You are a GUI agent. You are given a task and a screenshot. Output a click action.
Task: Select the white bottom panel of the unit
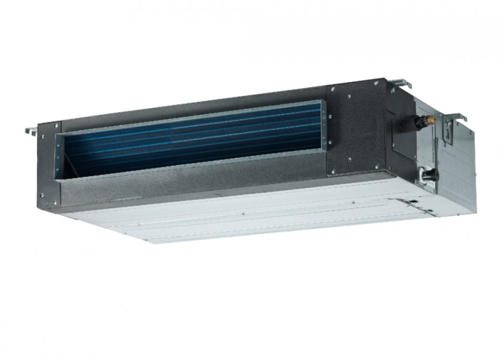click(x=255, y=215)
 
